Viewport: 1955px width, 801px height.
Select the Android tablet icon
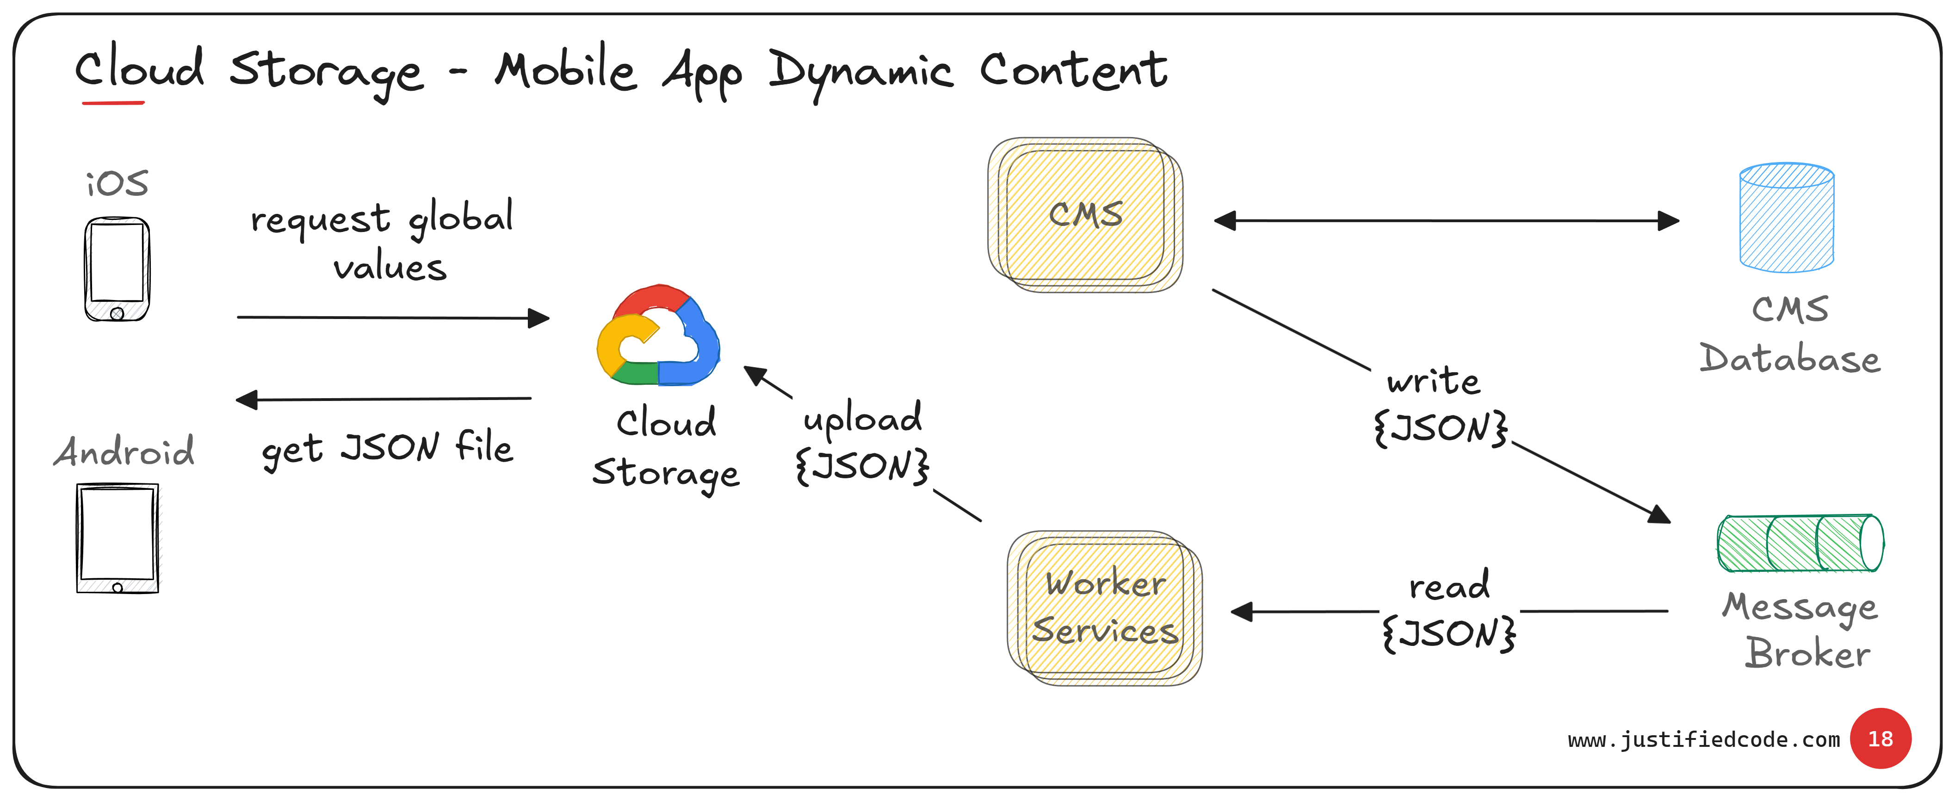(x=118, y=538)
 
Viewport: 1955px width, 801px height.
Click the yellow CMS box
(x=1085, y=215)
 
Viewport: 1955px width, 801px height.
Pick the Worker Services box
(x=1105, y=607)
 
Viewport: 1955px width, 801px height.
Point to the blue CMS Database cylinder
(x=1787, y=218)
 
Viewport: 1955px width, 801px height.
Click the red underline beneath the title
(x=113, y=102)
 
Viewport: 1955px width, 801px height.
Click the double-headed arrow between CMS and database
(x=1446, y=221)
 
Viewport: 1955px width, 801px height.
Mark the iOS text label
(x=117, y=184)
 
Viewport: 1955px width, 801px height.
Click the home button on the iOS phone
(x=117, y=313)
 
